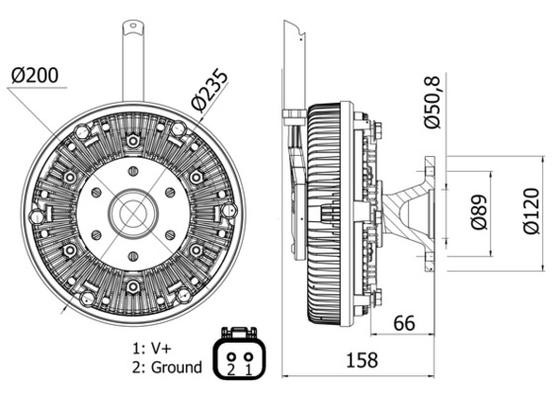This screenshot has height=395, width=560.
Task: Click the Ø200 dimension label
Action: (37, 75)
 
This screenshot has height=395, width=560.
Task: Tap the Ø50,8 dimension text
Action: (432, 103)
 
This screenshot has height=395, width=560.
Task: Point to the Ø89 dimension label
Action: (478, 211)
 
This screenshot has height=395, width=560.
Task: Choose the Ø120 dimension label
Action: (531, 211)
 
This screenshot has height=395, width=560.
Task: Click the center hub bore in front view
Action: (132, 211)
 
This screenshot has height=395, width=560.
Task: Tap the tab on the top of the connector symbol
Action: (239, 334)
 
